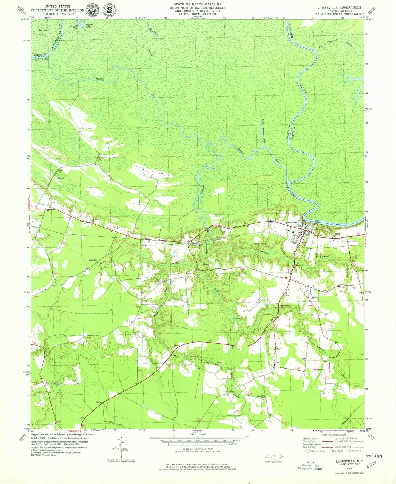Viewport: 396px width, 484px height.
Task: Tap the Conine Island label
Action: pos(42,32)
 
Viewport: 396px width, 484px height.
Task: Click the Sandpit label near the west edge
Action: pos(61,178)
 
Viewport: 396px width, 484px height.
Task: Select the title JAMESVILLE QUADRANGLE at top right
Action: pos(339,7)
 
